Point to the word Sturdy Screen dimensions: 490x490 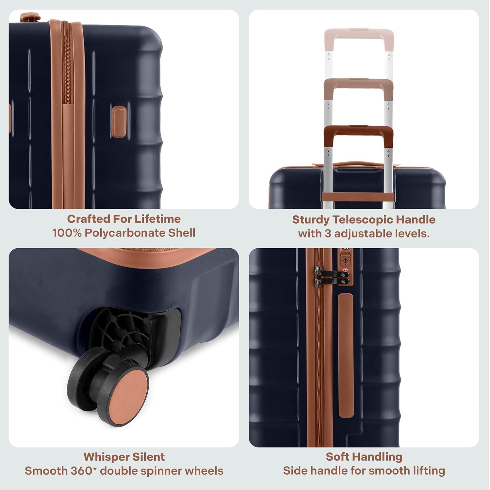click(x=310, y=220)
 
